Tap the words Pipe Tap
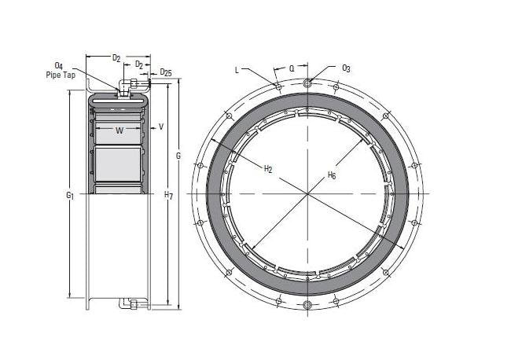pyautogui.click(x=61, y=75)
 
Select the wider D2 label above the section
pyautogui.click(x=116, y=57)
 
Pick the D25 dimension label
pyautogui.click(x=166, y=72)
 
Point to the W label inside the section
pyautogui.click(x=119, y=130)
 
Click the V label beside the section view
pyautogui.click(x=161, y=126)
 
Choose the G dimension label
pyautogui.click(x=178, y=156)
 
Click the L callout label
pyautogui.click(x=237, y=69)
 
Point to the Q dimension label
pyautogui.click(x=292, y=68)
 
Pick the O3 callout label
pyautogui.click(x=346, y=68)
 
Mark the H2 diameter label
pyautogui.click(x=267, y=168)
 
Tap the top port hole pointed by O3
pyautogui.click(x=307, y=82)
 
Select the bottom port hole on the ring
pyautogui.click(x=307, y=305)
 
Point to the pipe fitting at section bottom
pyautogui.click(x=130, y=303)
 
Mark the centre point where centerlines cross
pyautogui.click(x=307, y=193)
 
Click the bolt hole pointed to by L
pyautogui.click(x=278, y=86)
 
